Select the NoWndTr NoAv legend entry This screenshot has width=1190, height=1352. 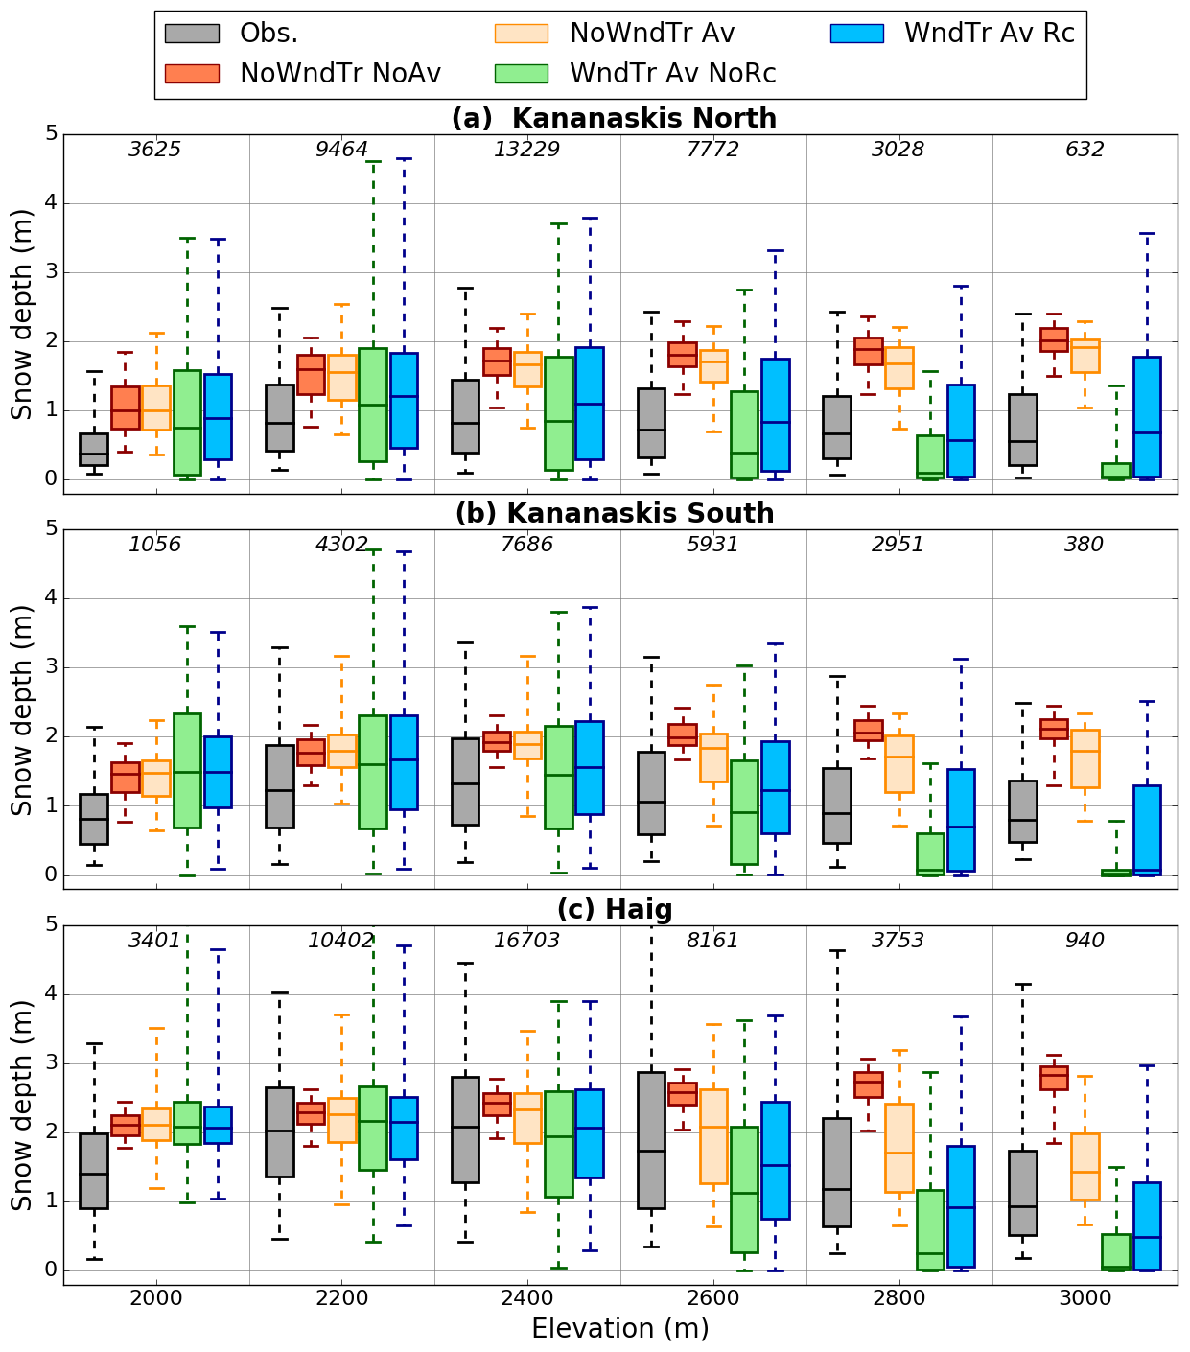pyautogui.click(x=303, y=74)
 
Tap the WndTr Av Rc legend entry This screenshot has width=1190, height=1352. pyautogui.click(x=952, y=34)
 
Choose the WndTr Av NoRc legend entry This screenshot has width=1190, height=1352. pyautogui.click(x=636, y=74)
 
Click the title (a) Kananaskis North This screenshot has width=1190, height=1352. pyautogui.click(x=614, y=118)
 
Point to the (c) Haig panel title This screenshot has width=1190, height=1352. pyautogui.click(x=615, y=909)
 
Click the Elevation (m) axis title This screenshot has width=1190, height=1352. pyautogui.click(x=620, y=1329)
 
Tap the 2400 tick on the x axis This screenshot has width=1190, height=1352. pyautogui.click(x=527, y=1299)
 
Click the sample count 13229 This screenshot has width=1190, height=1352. pyautogui.click(x=527, y=150)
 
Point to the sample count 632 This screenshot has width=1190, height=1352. pyautogui.click(x=1085, y=150)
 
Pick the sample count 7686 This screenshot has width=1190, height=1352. pyautogui.click(x=527, y=545)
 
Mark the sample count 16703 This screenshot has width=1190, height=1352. pyautogui.click(x=527, y=941)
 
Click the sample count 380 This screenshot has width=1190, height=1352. pyautogui.click(x=1085, y=545)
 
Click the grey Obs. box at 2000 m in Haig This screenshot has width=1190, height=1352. pyautogui.click(x=94, y=1170)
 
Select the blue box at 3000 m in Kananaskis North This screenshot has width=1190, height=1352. pyautogui.click(x=1147, y=416)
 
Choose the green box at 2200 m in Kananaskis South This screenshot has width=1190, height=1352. pyautogui.click(x=373, y=772)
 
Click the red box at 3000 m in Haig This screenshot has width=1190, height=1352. pyautogui.click(x=1054, y=1078)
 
